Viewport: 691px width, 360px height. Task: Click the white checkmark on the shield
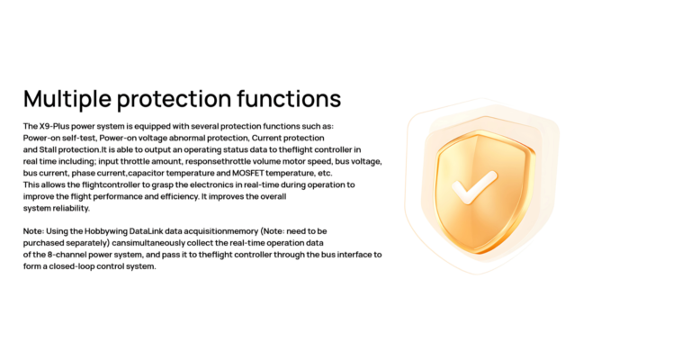[474, 187]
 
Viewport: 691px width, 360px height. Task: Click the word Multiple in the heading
[67, 99]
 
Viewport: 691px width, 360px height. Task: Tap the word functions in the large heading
[289, 98]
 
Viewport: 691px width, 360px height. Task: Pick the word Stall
[48, 149]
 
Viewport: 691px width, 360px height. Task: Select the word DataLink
[146, 231]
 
